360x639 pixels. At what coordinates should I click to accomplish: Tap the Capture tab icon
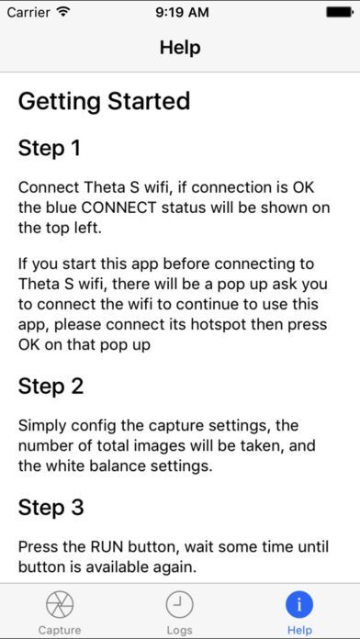60,605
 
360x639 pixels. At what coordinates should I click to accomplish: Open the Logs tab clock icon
179,605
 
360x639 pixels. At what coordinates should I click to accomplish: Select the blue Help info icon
299,605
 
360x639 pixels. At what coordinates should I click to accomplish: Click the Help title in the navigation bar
180,48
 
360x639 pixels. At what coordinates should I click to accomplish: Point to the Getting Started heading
104,101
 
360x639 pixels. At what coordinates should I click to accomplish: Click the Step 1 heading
49,149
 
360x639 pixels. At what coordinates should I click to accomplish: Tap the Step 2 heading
51,387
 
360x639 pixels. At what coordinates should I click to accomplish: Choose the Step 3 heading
51,508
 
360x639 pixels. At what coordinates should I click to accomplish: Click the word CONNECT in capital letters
119,207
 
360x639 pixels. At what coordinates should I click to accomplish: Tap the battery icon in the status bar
340,13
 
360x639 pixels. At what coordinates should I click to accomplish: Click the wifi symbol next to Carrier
63,12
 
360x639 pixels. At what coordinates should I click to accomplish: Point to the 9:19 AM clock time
182,12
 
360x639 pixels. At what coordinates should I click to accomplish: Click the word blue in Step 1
61,207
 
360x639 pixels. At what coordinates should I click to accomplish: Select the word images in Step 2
163,446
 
